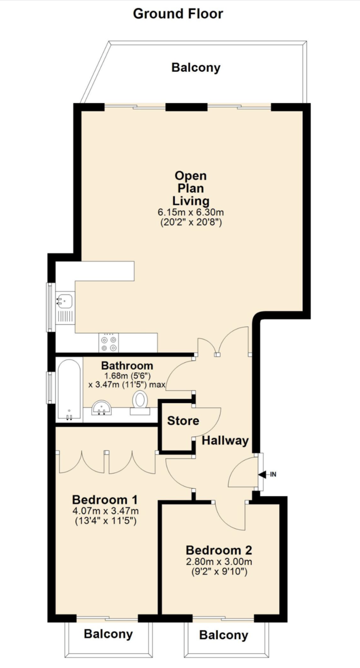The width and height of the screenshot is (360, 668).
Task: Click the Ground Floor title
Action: (177, 13)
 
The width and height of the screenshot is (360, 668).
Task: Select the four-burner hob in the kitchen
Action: (109, 342)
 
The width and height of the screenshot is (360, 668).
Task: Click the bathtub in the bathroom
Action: (69, 389)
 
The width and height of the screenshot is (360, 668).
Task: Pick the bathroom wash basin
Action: (102, 408)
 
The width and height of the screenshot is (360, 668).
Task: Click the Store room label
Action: (183, 421)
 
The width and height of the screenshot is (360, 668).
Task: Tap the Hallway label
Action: (225, 441)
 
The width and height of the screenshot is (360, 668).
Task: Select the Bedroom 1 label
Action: (105, 499)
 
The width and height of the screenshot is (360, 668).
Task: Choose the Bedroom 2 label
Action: (219, 551)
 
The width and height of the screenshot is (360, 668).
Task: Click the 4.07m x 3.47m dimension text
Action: (105, 511)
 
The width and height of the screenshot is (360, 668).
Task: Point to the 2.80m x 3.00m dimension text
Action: (219, 563)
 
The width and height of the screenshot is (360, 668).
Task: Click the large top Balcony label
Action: (196, 68)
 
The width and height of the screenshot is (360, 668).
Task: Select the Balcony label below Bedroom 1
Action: (109, 633)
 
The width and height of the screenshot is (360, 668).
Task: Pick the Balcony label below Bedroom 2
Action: (224, 635)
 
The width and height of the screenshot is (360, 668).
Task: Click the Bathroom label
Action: (127, 366)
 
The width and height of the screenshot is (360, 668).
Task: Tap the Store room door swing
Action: (209, 420)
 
